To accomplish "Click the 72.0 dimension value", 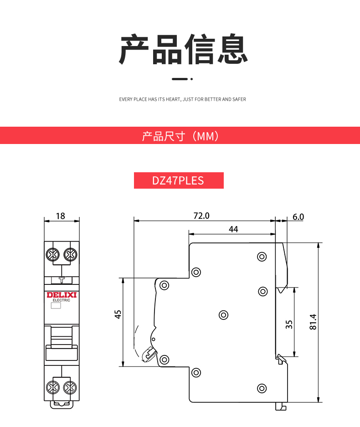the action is coord(201,216).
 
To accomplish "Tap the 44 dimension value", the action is coord(233,229).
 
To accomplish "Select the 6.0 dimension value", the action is coord(298,217).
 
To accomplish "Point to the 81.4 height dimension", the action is coord(313,322).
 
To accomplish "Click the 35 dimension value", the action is coord(289,324).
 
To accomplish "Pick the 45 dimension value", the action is coord(118,314).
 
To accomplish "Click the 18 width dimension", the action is coord(61,216).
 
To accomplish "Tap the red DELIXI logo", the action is coord(62,295).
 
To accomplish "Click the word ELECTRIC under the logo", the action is coord(61,300).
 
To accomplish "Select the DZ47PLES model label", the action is coord(178,180).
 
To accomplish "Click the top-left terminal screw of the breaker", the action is coord(53,255).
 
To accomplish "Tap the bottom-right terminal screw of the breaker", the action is coord(70,387).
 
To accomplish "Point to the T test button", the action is coord(62,280).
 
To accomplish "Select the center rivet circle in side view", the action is coord(224,315).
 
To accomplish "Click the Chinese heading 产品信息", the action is coord(183,49).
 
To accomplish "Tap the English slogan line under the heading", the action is coord(182,99).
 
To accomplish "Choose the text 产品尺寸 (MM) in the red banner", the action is coord(180,136).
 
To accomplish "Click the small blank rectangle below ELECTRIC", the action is coord(56,305).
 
